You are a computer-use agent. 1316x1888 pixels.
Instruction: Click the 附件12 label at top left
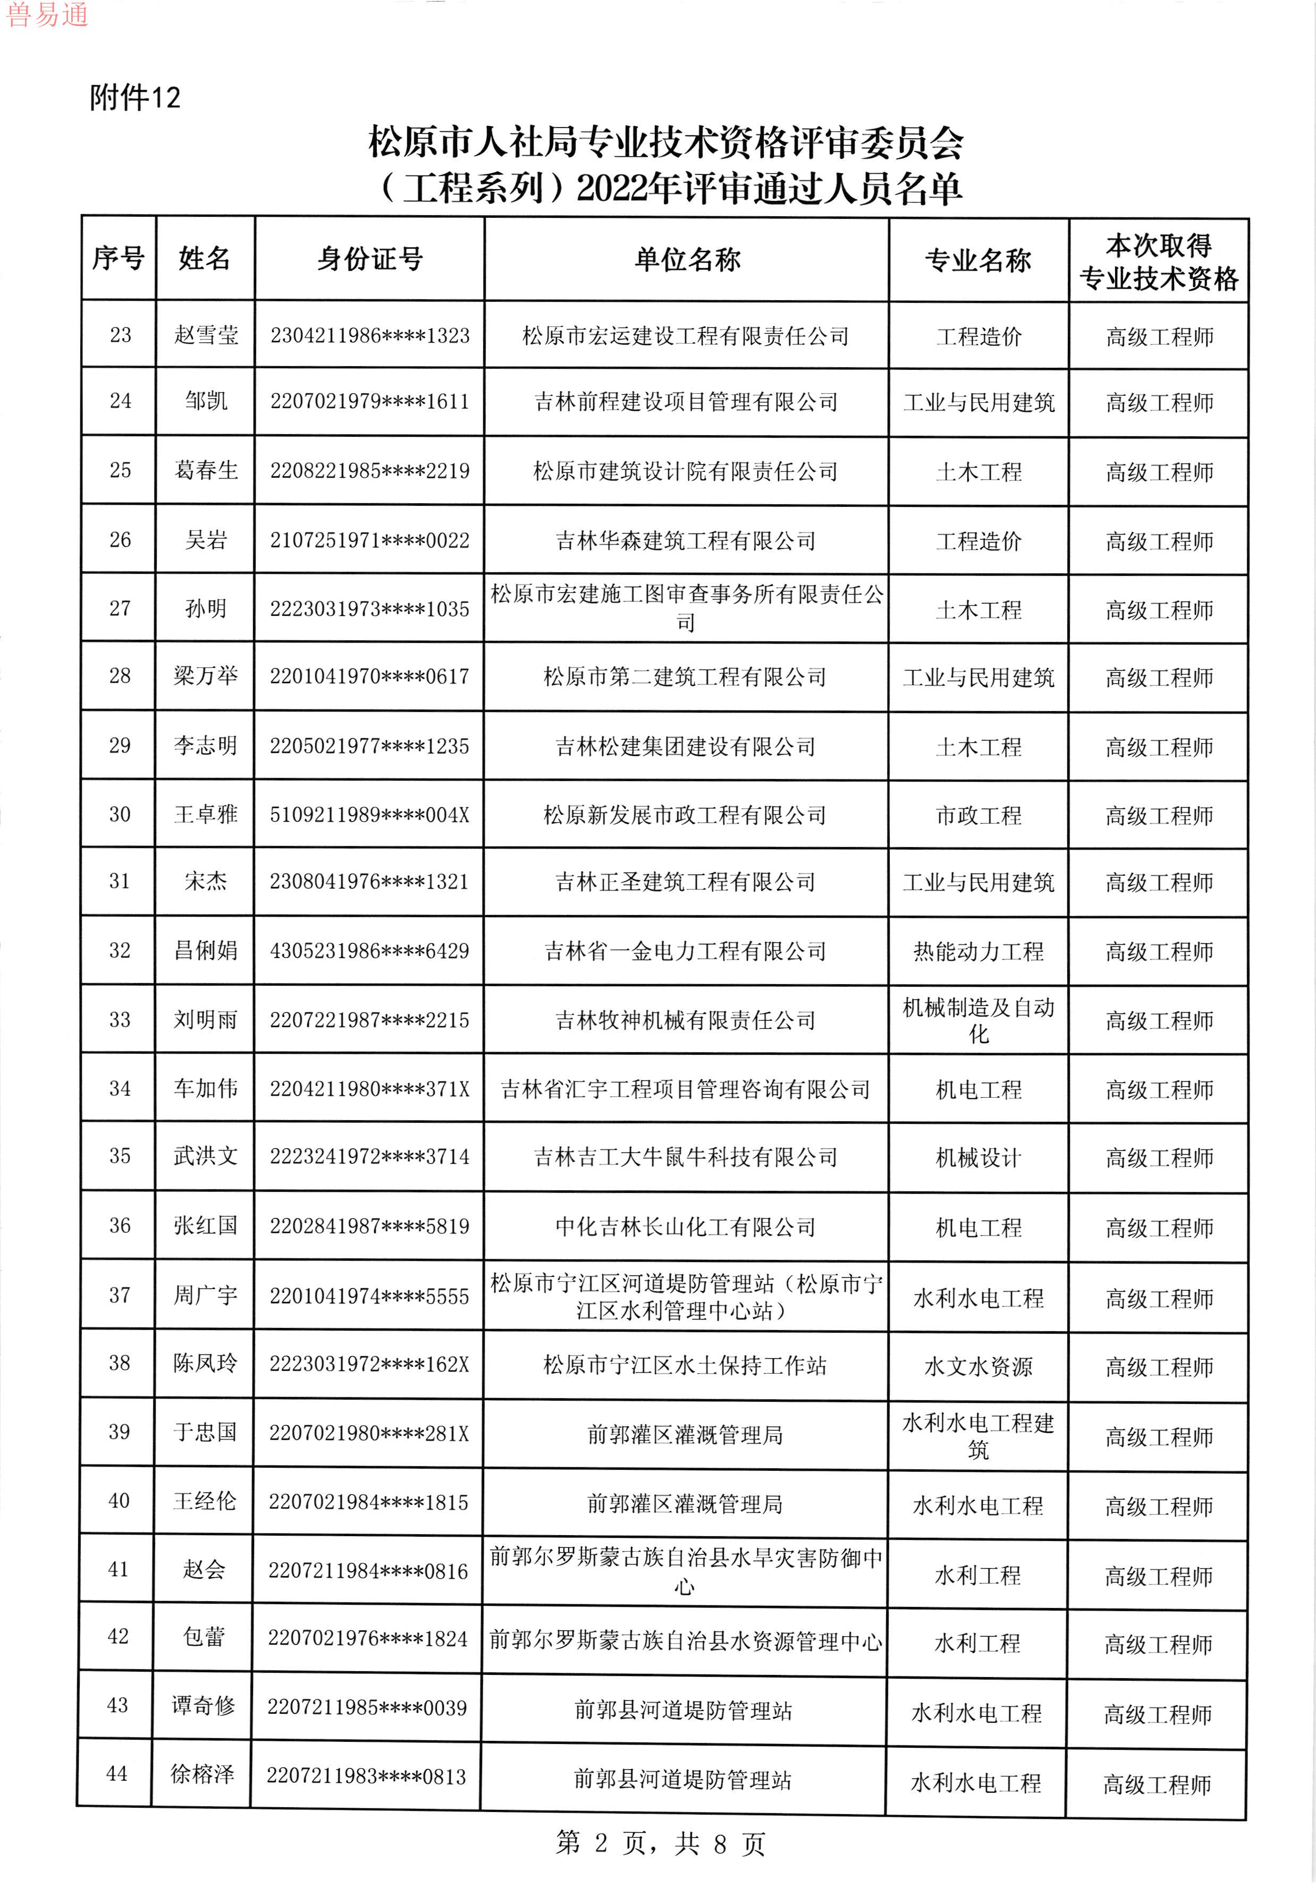pyautogui.click(x=135, y=98)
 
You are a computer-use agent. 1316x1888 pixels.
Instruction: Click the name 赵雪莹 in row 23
pyautogui.click(x=206, y=335)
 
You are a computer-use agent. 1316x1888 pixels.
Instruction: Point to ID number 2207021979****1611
pyautogui.click(x=369, y=402)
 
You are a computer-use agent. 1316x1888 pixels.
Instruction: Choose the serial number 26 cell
pyautogui.click(x=120, y=540)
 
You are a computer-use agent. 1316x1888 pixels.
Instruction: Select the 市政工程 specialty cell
pyautogui.click(x=978, y=816)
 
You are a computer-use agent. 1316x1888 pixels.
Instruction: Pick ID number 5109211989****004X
pyautogui.click(x=369, y=815)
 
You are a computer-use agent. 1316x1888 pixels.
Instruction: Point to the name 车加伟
pyautogui.click(x=206, y=1089)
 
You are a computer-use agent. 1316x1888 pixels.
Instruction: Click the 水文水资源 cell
pyautogui.click(x=978, y=1367)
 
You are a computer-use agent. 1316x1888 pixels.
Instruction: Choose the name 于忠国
pyautogui.click(x=205, y=1433)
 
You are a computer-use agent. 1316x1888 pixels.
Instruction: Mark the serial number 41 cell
pyautogui.click(x=119, y=1570)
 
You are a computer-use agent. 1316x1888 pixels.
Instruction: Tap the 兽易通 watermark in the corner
pyautogui.click(x=47, y=15)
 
